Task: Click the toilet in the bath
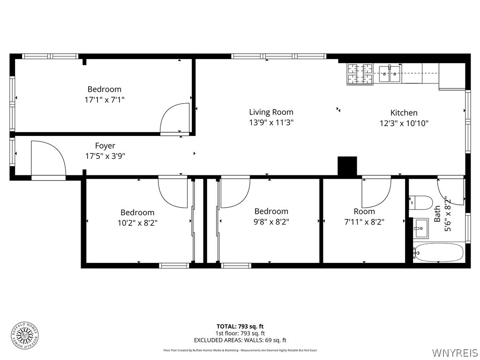click(421, 202)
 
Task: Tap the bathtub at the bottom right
click(438, 253)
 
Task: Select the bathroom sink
click(420, 228)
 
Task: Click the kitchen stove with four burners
click(360, 74)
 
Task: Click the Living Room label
click(271, 112)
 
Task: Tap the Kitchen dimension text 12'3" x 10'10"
click(404, 124)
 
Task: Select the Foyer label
click(105, 146)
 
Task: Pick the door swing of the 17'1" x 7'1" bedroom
click(176, 120)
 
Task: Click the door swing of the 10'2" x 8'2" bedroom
click(173, 191)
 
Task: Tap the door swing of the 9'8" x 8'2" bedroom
click(234, 192)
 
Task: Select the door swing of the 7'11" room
click(376, 192)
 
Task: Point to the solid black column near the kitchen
click(347, 166)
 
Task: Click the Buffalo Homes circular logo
click(24, 335)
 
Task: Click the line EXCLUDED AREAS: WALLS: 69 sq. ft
click(240, 340)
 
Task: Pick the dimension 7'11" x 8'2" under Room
click(364, 222)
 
